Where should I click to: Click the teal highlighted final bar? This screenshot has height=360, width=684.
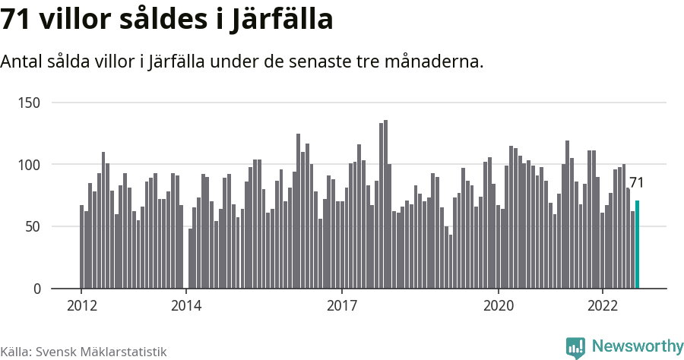tap(637, 245)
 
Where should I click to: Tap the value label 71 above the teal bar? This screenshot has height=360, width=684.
tap(636, 183)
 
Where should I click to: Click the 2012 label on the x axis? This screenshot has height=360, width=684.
tap(81, 305)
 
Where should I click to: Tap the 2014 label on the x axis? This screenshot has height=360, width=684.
tap(185, 305)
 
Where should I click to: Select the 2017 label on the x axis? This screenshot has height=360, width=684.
tap(342, 305)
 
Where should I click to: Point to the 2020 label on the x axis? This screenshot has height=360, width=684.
tap(499, 305)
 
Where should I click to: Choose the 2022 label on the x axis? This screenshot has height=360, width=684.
tap(603, 305)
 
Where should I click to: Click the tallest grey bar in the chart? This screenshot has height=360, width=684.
tap(385, 204)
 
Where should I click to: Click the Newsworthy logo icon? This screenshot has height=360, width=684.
tap(575, 347)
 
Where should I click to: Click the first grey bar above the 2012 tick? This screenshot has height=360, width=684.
tap(81, 247)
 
